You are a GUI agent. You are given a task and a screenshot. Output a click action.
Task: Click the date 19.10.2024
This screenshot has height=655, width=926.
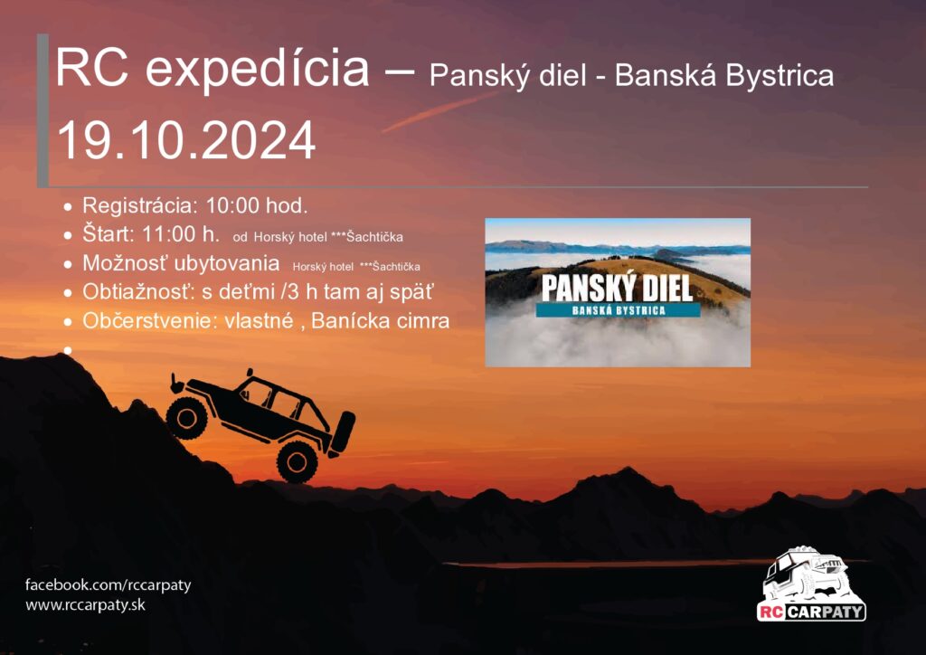coord(186,140)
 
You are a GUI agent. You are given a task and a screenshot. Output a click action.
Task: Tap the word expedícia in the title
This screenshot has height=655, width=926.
coord(258,70)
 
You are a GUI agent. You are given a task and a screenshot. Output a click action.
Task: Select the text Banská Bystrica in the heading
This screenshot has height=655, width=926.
coord(724,76)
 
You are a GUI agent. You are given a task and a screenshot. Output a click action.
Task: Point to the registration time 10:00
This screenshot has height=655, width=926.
coord(232,205)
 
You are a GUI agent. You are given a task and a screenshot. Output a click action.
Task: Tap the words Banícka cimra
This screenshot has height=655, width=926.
coord(381,320)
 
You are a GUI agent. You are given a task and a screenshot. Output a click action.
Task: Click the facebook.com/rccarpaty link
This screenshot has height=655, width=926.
coord(109,585)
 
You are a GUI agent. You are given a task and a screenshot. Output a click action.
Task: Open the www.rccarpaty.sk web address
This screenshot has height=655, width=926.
coord(86,605)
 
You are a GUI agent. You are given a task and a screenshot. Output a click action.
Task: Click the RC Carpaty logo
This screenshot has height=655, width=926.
coord(811,584)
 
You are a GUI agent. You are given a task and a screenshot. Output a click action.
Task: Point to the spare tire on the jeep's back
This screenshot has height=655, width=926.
coord(343,432)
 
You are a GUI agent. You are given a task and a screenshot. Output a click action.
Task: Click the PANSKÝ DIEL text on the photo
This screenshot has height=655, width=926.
coord(617,289)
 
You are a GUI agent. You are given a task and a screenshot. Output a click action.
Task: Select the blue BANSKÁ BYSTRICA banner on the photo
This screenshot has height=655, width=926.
coord(619,310)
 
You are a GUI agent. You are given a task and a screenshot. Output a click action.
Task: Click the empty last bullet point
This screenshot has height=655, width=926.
coord(68,349)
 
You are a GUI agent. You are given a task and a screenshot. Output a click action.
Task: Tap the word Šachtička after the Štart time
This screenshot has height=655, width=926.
coord(374,237)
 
